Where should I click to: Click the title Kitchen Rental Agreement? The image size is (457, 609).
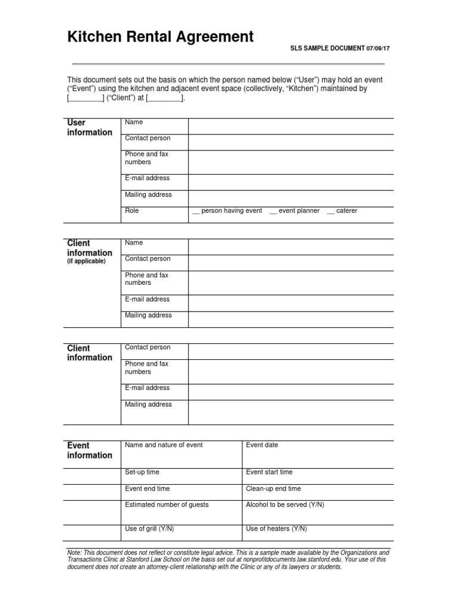160,37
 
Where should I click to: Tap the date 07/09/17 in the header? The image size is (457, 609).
380,49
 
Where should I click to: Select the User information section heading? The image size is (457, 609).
89,127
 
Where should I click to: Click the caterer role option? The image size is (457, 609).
342,211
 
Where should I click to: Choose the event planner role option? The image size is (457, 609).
295,211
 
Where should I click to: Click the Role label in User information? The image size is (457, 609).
132,211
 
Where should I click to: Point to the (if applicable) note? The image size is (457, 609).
86,262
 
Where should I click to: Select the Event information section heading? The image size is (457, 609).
89,450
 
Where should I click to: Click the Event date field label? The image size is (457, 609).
262,445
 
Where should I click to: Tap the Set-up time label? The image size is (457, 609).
142,472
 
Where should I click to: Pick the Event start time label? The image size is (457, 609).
269,472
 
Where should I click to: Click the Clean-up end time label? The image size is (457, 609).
273,489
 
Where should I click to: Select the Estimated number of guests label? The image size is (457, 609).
167,505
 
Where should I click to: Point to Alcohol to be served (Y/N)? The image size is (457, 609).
284,505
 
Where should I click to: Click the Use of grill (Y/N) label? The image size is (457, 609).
149,529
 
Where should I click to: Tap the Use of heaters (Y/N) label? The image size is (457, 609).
276,529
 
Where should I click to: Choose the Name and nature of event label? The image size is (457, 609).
164,445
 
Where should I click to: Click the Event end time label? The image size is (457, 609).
147,489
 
